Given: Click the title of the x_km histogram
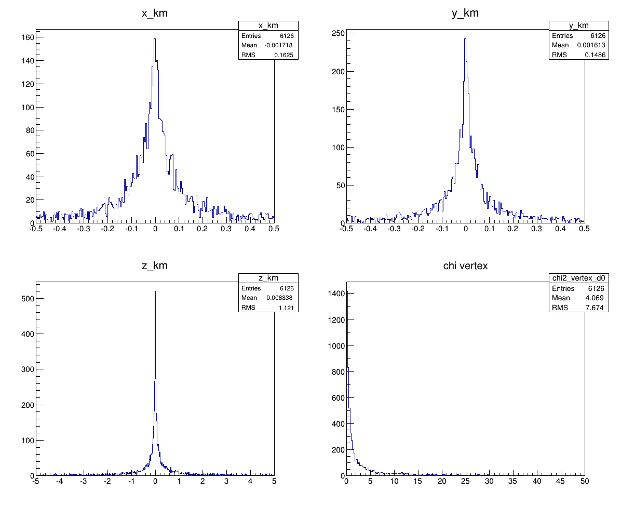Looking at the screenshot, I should click(155, 14).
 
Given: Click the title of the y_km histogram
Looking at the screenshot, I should click(465, 14).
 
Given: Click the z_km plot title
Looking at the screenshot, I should click(155, 266).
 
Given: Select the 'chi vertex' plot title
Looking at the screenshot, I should click(465, 266).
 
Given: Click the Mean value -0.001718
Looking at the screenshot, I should click(280, 45).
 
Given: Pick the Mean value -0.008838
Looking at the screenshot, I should click(280, 298).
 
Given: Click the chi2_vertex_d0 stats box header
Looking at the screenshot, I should click(579, 278).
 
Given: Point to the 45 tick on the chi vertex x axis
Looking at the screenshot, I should click(561, 482).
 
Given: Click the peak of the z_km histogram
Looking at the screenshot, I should click(155, 291).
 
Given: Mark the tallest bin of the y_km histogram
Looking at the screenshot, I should click(465, 39).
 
